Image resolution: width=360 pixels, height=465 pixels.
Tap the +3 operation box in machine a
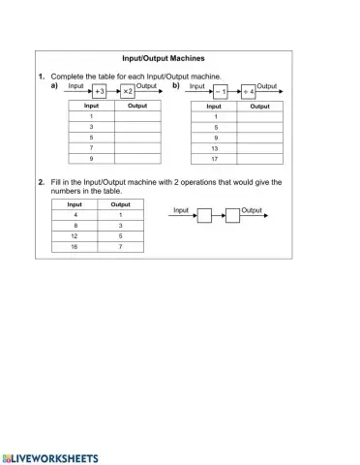99,91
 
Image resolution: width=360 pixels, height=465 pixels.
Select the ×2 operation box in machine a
129,91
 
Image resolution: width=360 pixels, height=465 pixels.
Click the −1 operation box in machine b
220,92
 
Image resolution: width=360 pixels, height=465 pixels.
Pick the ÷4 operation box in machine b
250,92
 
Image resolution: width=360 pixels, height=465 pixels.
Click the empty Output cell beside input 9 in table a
137,158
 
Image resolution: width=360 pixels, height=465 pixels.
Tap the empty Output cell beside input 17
259,159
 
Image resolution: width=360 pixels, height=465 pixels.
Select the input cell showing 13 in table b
214,148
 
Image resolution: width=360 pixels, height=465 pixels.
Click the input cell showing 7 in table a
91,147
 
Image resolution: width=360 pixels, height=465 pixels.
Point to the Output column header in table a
137,106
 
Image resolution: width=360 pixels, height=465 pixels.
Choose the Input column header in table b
214,107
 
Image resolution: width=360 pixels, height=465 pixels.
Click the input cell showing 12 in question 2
75,235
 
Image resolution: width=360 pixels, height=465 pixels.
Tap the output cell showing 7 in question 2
121,247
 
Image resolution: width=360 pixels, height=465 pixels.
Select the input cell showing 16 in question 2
75,247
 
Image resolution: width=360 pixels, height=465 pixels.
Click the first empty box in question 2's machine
204,216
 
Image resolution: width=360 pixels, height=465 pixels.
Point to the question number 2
41,181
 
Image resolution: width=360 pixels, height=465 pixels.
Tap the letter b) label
175,85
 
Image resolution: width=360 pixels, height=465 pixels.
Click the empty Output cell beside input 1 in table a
137,116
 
